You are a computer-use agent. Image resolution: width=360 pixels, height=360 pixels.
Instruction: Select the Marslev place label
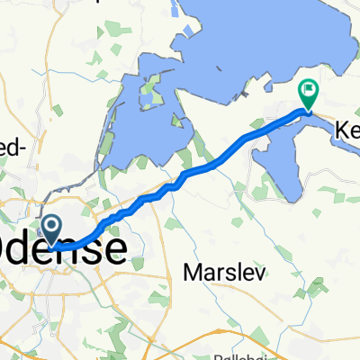[225, 273]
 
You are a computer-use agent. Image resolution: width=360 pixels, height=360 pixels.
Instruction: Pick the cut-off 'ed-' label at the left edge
[13, 152]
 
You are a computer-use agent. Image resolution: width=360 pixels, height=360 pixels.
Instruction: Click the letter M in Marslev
[191, 273]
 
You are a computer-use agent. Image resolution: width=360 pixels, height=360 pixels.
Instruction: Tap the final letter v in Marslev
[259, 273]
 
